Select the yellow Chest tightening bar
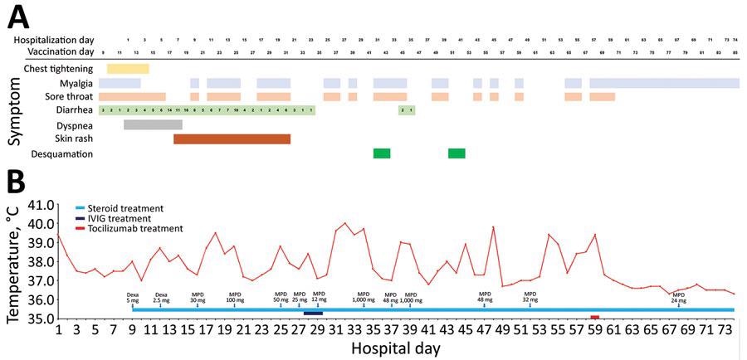128,69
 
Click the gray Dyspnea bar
153,124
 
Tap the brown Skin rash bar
232,139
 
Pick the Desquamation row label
61,153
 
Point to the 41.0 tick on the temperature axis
39,205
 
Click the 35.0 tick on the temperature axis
39,319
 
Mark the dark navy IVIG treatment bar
313,313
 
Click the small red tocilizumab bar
594,317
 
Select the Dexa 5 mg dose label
133,297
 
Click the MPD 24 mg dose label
678,297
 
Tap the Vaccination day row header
49,52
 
